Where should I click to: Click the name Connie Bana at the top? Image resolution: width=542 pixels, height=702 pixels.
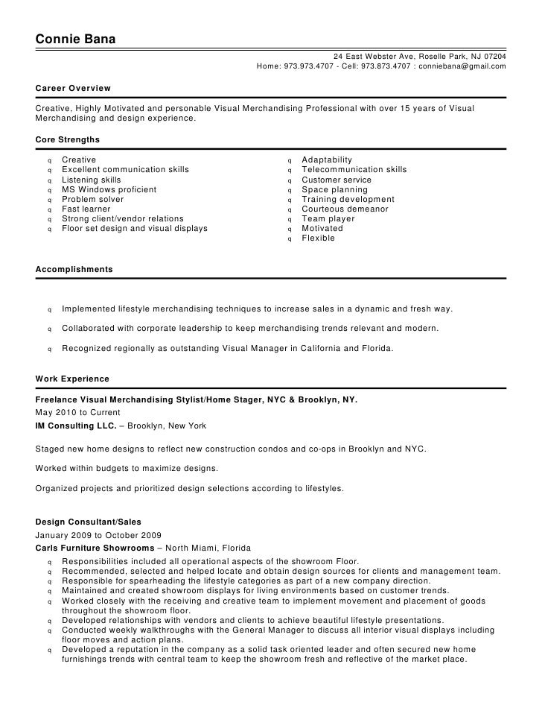(75, 39)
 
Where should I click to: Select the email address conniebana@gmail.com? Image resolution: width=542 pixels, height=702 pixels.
(462, 66)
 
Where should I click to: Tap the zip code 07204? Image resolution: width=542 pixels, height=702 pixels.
(493, 57)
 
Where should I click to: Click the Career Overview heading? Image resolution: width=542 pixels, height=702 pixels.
(73, 88)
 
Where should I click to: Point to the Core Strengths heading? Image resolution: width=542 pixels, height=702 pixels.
(68, 139)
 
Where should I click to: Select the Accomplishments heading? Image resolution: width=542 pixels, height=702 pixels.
(74, 268)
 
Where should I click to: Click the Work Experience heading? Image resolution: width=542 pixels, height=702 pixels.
(72, 379)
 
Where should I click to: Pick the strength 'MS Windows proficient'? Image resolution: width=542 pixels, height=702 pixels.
(109, 189)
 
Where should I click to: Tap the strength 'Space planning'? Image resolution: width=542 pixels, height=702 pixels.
(334, 189)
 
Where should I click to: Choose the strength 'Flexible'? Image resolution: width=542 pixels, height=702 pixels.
(318, 238)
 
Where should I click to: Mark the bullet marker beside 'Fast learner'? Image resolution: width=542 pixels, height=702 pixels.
(49, 210)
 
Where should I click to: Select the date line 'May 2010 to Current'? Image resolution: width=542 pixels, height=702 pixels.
(77, 413)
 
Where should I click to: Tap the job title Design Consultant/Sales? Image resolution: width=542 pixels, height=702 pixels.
(89, 522)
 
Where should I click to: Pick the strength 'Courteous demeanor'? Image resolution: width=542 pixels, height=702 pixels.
(345, 209)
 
